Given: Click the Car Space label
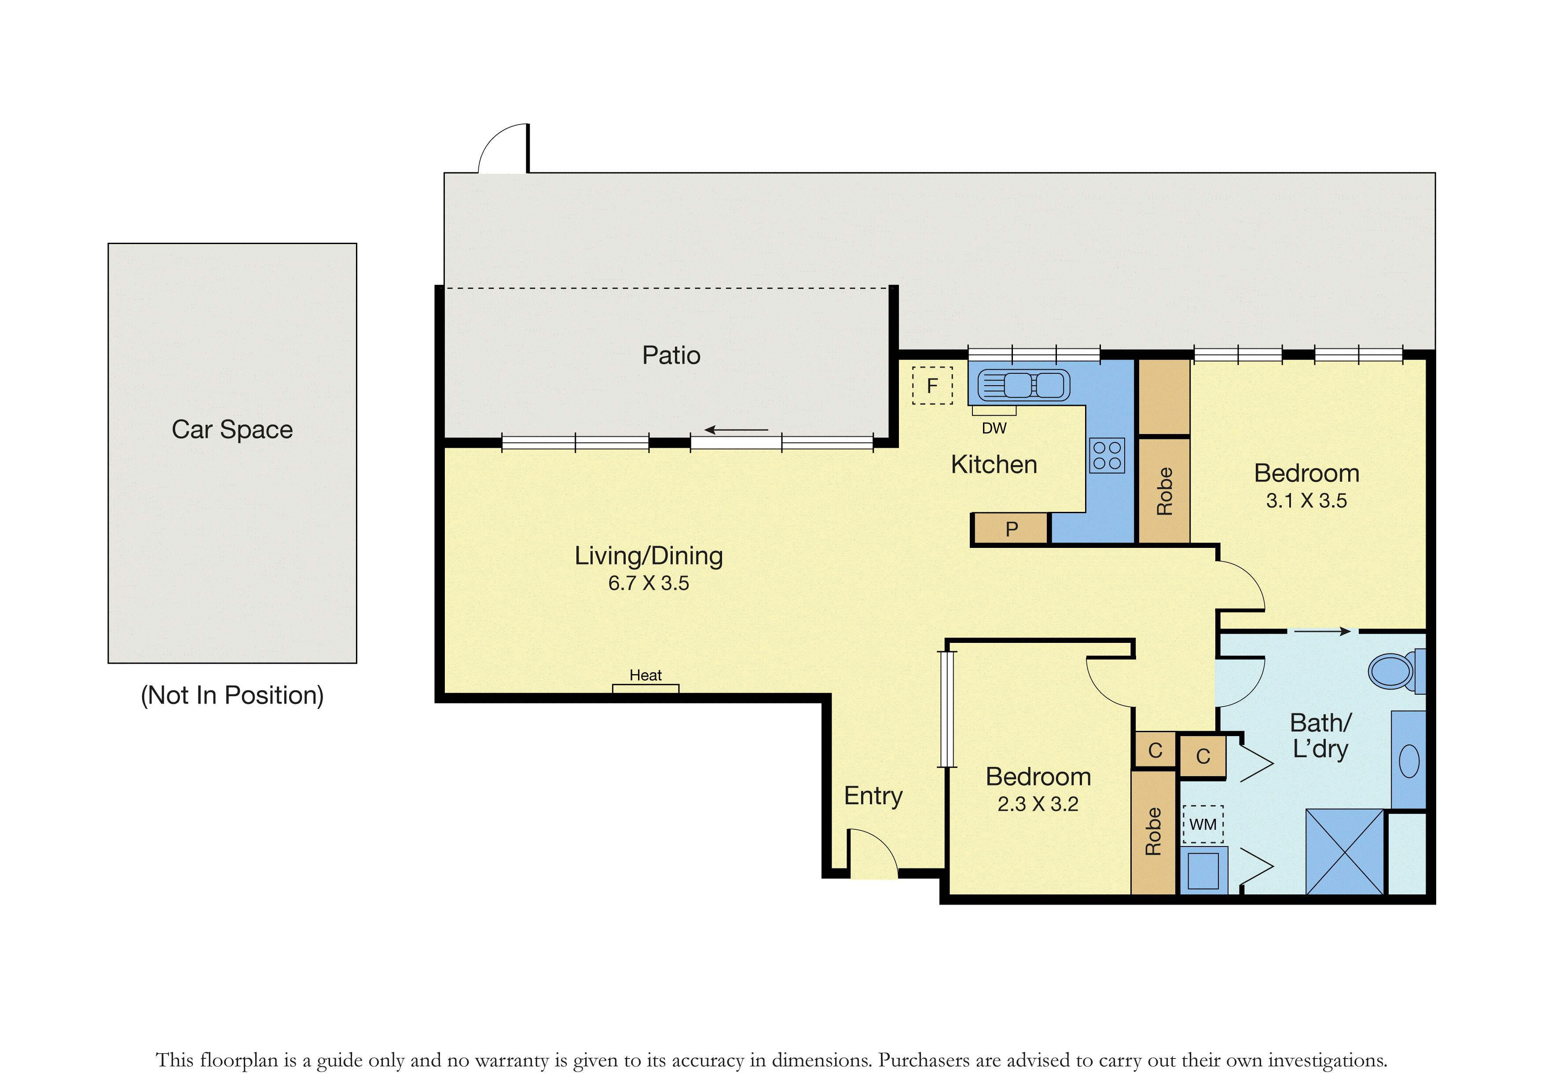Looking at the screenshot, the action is (232, 430).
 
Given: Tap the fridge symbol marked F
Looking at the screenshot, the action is (932, 385).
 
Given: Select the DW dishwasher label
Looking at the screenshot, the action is (994, 428).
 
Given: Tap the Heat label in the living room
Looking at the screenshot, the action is (645, 675).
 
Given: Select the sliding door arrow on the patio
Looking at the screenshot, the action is (736, 430).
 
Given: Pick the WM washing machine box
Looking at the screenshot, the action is (1203, 824).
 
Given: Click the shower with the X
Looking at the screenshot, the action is (1345, 852).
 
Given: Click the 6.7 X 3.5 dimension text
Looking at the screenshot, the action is (648, 583).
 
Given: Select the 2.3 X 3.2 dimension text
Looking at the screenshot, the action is (1038, 804).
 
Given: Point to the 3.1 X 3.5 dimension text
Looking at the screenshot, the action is (1306, 501).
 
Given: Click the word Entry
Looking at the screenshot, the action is (873, 796).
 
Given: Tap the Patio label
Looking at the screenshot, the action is (671, 355).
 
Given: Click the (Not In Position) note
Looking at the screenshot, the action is (232, 695).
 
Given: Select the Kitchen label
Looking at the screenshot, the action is (994, 464).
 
